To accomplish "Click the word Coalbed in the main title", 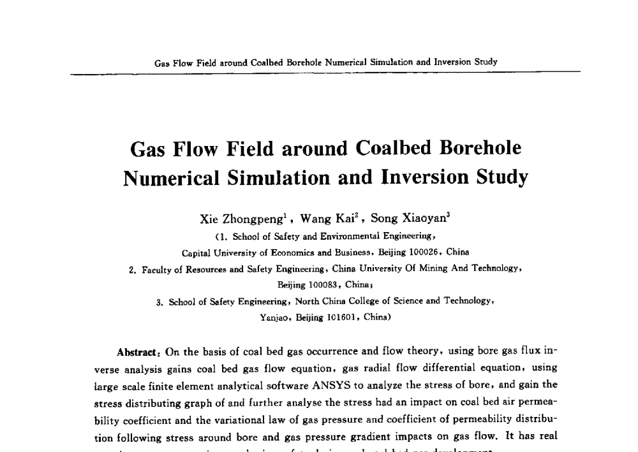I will click(x=394, y=148).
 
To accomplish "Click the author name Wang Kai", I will click(x=327, y=219).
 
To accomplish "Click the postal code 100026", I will click(x=418, y=252).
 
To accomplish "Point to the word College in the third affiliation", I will click(x=361, y=300).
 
